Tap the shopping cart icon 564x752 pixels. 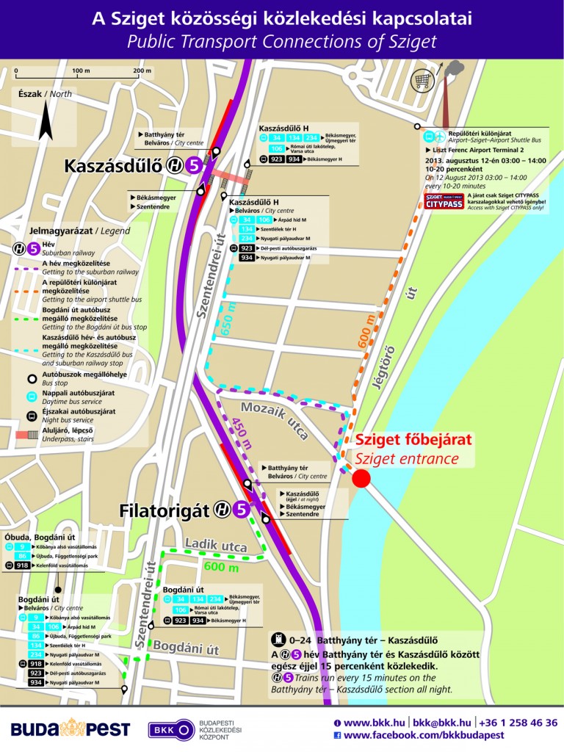tap(422, 79)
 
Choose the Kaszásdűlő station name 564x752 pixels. tap(113, 165)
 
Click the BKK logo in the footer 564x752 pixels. tap(170, 729)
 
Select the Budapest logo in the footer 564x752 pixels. tap(70, 728)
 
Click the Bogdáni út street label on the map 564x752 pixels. tap(192, 649)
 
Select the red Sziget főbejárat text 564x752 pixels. tap(413, 441)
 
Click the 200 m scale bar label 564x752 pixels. tap(142, 70)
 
